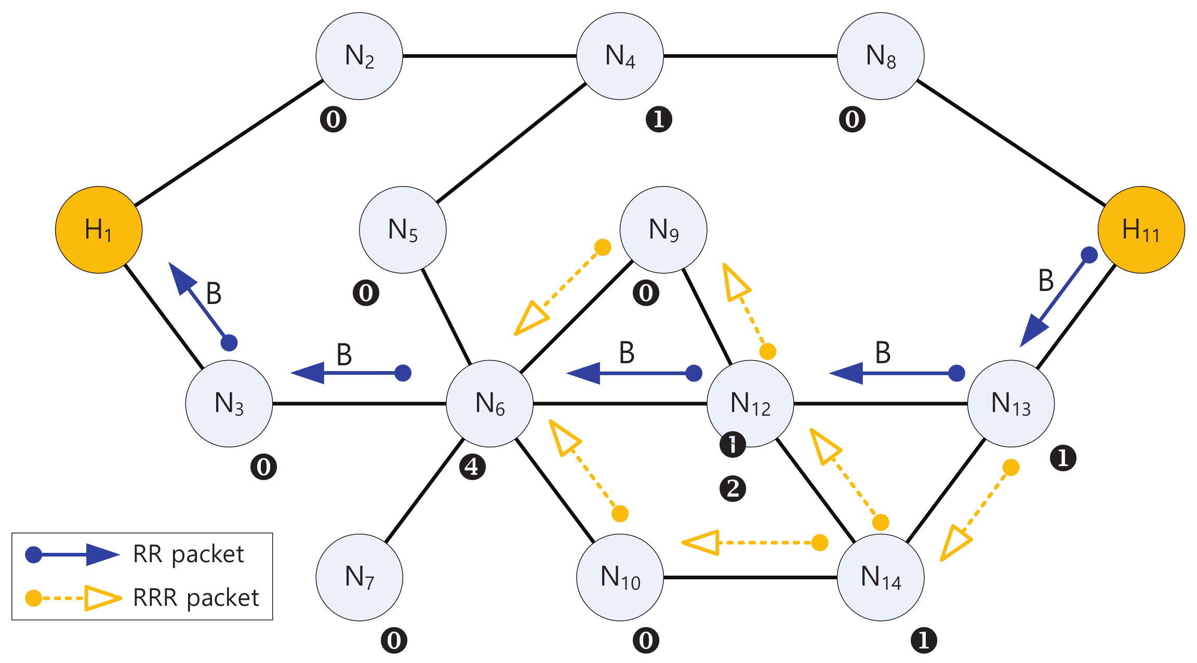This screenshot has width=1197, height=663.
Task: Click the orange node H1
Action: coord(99,230)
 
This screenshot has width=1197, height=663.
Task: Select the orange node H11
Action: coord(1141,230)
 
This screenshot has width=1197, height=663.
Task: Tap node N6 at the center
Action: coord(489,404)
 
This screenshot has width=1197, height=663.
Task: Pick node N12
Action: coord(750,404)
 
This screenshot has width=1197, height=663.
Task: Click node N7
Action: coord(360,577)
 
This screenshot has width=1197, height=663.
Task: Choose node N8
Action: coord(881,56)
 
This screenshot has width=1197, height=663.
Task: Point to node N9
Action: coord(663,230)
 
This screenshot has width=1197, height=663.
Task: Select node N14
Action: coord(881,577)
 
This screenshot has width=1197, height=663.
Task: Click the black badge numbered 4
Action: coord(472,467)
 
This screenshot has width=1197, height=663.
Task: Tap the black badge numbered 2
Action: coord(733,488)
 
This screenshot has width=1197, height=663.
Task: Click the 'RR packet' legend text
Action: coord(188,554)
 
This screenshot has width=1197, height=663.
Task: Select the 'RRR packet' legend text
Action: coord(195,598)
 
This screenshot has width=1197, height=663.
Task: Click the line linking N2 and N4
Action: coord(489,56)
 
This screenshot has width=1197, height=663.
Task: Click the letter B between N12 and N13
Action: coord(883,353)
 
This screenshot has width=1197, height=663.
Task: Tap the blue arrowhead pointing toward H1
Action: coord(181,278)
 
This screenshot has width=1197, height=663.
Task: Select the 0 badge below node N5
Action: coord(366,293)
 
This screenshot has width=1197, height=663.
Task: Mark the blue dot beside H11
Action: coord(1089,255)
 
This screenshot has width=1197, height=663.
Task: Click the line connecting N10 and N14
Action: coord(750,577)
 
